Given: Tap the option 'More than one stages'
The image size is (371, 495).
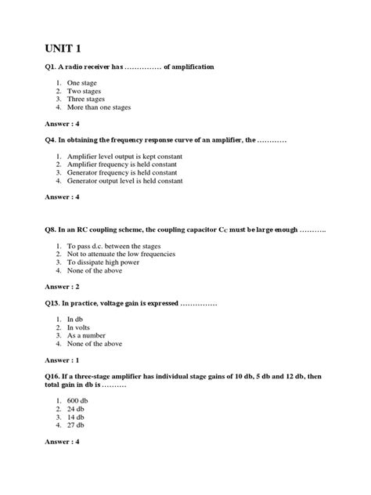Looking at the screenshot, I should (x=99, y=107).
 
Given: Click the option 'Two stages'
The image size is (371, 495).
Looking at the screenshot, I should (x=85, y=91).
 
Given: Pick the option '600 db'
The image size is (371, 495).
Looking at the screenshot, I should (x=78, y=400).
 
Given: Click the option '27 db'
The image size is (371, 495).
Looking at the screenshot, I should (x=77, y=425).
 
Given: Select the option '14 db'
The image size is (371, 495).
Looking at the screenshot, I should (x=77, y=417).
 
